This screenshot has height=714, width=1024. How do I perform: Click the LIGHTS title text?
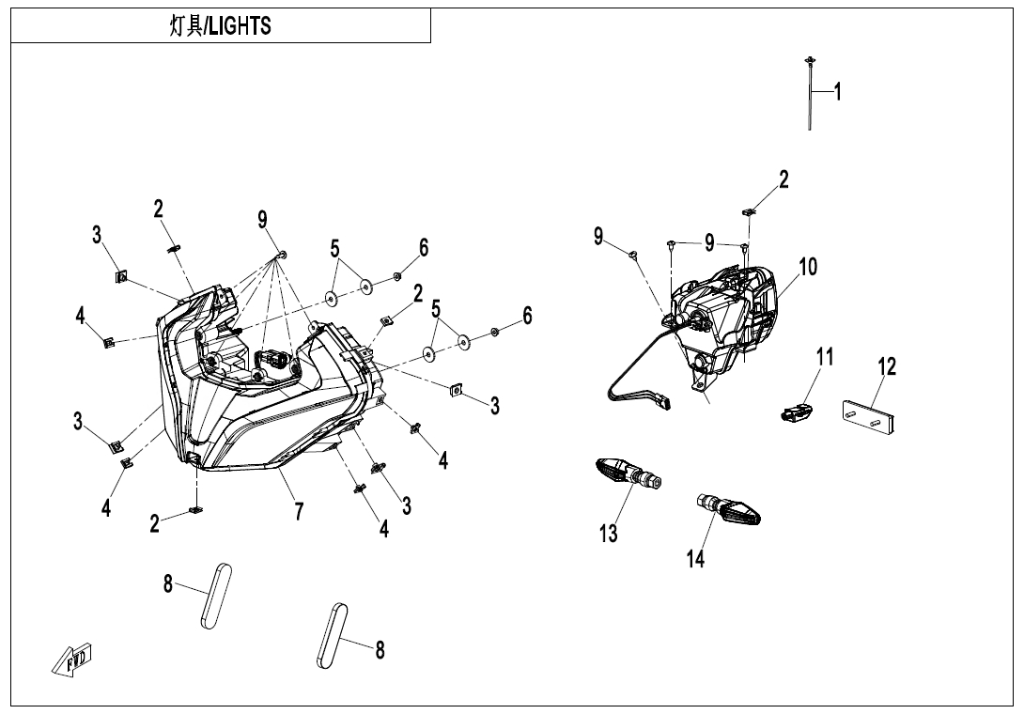click(x=220, y=26)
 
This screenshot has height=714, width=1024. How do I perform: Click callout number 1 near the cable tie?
click(x=838, y=92)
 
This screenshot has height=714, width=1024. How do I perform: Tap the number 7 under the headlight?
click(x=299, y=512)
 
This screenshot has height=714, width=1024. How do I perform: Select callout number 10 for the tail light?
click(x=808, y=267)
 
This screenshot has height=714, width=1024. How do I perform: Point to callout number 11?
click(x=825, y=357)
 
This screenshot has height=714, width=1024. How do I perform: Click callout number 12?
click(x=887, y=367)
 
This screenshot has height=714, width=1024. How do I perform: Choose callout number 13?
click(x=609, y=534)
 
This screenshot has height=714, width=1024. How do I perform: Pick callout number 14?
click(x=695, y=558)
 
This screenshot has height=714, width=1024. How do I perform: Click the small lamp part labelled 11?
click(x=795, y=411)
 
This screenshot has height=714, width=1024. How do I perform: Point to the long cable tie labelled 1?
click(x=809, y=94)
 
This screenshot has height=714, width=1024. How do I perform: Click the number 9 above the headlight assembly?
click(x=263, y=220)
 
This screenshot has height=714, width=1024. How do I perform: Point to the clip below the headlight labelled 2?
click(x=195, y=510)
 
